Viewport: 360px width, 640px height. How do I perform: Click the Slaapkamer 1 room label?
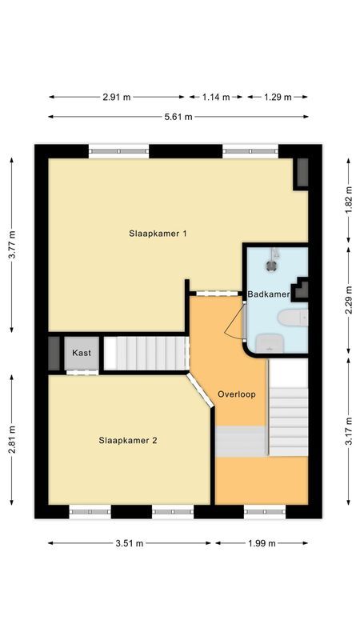tap(158, 234)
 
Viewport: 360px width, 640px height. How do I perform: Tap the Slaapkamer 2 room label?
tap(127, 439)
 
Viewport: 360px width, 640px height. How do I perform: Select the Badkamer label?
tap(268, 294)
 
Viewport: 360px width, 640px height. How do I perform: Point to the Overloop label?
tap(236, 394)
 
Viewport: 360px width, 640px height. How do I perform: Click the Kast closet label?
tap(81, 353)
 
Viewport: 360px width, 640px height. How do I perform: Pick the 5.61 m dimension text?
tap(179, 118)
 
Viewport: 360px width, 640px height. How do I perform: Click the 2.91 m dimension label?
tap(117, 97)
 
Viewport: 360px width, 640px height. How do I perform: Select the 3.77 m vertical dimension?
tap(12, 246)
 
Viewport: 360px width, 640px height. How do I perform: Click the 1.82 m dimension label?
tap(348, 198)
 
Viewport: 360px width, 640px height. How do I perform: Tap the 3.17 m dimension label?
tap(348, 436)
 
